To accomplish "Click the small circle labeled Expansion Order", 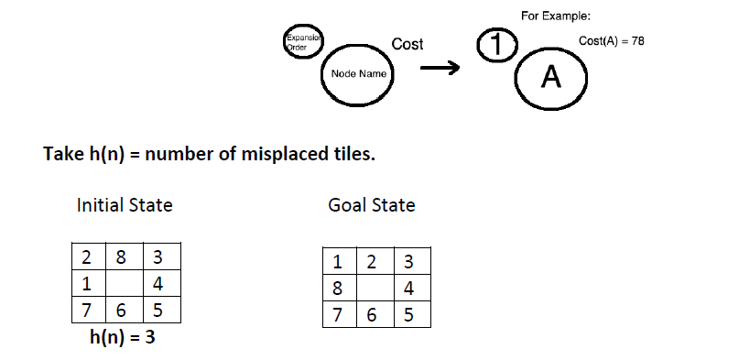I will point(300,41).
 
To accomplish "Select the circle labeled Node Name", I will point(355,73).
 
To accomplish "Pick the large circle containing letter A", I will point(550,79).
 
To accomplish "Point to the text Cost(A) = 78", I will point(612,41).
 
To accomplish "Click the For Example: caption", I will point(555,16).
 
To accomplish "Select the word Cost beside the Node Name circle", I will point(407,44).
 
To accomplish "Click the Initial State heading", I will point(124,205).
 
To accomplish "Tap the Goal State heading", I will point(371,205).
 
